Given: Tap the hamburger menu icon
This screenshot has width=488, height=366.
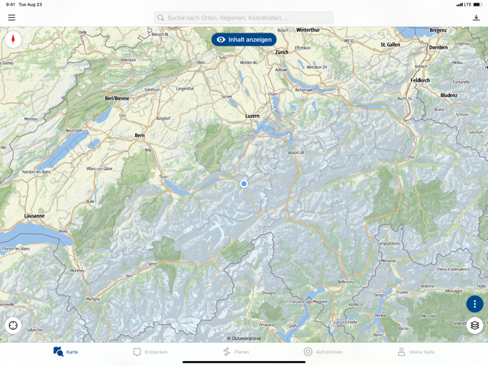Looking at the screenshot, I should pyautogui.click(x=12, y=17).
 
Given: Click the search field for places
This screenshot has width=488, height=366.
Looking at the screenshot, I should pyautogui.click(x=244, y=17).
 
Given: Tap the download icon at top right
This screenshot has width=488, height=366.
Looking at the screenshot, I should pyautogui.click(x=476, y=17).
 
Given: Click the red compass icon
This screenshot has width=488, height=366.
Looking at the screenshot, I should pyautogui.click(x=13, y=39).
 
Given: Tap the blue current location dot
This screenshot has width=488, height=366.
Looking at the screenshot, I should pyautogui.click(x=244, y=184).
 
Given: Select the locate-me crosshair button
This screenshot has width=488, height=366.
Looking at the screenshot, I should pyautogui.click(x=13, y=326).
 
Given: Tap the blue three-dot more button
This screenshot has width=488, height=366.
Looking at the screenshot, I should pyautogui.click(x=475, y=304).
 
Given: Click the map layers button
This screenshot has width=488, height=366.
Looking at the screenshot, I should pyautogui.click(x=475, y=326).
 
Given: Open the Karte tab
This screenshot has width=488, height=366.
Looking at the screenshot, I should pyautogui.click(x=66, y=352).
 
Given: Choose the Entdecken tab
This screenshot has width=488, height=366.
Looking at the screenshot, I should pyautogui.click(x=151, y=352).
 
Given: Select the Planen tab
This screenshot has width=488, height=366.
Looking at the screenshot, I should pyautogui.click(x=236, y=352).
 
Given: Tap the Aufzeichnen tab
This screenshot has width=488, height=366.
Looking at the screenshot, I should pyautogui.click(x=323, y=352).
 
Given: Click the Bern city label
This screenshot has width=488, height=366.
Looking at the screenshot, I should pyautogui.click(x=139, y=135).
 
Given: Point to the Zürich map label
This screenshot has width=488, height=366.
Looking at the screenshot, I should pyautogui.click(x=282, y=52).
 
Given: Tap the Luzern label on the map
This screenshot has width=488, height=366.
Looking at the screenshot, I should pyautogui.click(x=252, y=116).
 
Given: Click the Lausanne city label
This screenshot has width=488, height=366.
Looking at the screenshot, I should pyautogui.click(x=34, y=216).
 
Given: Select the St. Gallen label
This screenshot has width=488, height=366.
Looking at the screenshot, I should pyautogui.click(x=390, y=45).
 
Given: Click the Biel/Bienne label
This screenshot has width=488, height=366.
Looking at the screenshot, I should pyautogui.click(x=117, y=99).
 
